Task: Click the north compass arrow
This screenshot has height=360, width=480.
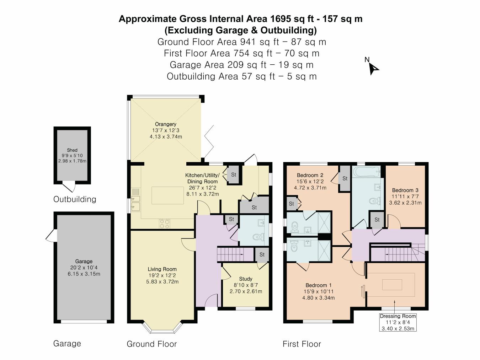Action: [x=373, y=68]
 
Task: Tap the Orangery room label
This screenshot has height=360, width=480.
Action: [x=165, y=124]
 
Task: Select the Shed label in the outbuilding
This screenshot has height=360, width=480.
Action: [x=72, y=150]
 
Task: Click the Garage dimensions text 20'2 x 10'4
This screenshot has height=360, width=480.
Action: [x=84, y=268]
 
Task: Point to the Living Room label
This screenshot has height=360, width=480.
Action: [x=162, y=269]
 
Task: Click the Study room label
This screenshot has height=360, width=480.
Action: [x=246, y=279]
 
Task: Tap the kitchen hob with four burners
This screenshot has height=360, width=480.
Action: [x=164, y=224]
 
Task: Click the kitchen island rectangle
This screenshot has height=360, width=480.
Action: [x=167, y=195]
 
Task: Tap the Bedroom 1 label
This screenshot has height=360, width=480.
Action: [x=319, y=285]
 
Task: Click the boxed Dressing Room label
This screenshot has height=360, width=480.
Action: [x=398, y=316]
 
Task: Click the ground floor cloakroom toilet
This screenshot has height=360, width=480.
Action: [x=258, y=237]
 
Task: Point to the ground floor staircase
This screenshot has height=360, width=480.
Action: [x=230, y=254]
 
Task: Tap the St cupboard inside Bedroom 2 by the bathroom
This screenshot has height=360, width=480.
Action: [x=345, y=179]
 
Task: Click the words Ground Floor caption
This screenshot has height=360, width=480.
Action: [x=152, y=344]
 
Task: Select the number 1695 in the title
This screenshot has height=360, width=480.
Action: [x=281, y=19]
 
